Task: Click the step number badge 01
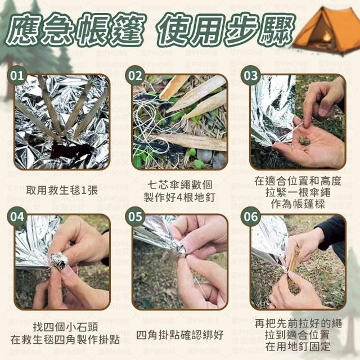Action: [17, 75]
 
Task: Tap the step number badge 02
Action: [135, 75]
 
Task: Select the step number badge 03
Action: [251, 75]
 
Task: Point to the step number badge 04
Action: [17, 217]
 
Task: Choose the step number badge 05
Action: [135, 217]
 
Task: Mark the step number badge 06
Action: [251, 217]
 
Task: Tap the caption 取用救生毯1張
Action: [62, 190]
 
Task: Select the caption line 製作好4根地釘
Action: [179, 197]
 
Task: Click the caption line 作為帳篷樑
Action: [298, 204]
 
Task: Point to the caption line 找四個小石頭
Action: [65, 327]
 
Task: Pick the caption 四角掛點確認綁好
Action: [180, 335]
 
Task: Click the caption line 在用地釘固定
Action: [298, 346]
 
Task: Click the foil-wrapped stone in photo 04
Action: [59, 261]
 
